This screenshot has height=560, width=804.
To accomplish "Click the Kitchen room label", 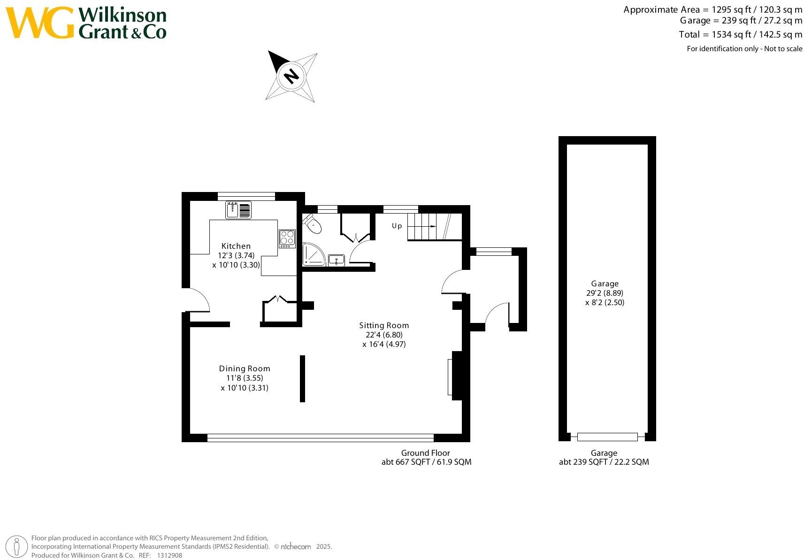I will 236,246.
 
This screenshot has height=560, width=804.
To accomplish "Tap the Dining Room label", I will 245,368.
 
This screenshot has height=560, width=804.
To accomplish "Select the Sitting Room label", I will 384,325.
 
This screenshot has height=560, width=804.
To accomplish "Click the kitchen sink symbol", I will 238,210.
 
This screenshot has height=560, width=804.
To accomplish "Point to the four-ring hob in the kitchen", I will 287,238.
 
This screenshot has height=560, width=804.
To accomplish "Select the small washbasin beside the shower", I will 336,260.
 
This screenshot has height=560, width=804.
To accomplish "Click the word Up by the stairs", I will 397,226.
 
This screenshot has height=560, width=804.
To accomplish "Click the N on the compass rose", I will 291,76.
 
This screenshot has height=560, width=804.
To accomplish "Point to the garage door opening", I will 607,437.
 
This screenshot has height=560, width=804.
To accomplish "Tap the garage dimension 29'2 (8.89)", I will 605,293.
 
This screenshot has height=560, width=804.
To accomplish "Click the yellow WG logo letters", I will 39,23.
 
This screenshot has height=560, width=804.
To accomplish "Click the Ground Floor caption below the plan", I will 425,453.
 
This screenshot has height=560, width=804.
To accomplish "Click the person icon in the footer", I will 17,547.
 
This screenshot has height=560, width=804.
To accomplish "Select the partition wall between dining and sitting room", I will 302,378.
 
